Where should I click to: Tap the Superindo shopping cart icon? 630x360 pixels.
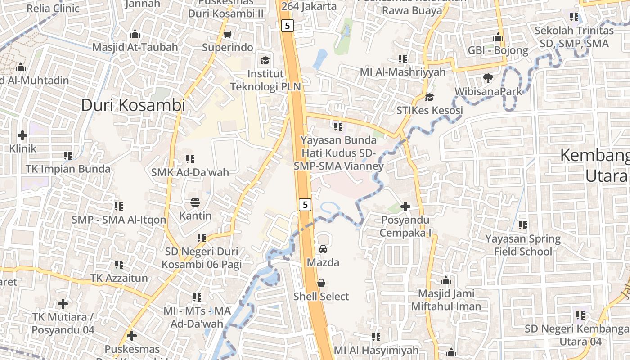pos(228,34)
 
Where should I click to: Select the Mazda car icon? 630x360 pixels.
pos(323,249)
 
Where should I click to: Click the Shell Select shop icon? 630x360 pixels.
pos(321,283)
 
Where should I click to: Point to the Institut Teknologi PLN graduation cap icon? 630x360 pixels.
pos(265,60)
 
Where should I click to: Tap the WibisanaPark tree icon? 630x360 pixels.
pos(488,78)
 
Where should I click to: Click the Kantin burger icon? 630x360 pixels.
pos(195,202)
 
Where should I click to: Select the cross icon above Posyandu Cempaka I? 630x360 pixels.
pos(405,207)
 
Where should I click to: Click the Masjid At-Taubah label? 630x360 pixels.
pos(135,47)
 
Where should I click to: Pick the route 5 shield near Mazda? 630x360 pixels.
pos(305,205)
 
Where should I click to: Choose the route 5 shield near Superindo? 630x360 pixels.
pos(288,26)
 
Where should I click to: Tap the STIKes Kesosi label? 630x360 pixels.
pos(429,110)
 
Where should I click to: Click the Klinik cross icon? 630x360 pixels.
pos(22,135)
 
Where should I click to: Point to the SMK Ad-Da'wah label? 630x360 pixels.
pos(190,172)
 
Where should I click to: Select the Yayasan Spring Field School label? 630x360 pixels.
pos(522,245)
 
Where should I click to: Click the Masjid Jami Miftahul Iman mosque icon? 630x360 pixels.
pos(446,281)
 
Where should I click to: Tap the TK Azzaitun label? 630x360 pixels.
pos(119,278)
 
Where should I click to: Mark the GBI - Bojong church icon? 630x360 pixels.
pos(498,37)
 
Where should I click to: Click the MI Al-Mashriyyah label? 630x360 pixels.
pos(402,72)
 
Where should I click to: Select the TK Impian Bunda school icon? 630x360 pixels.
pos(68,156)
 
